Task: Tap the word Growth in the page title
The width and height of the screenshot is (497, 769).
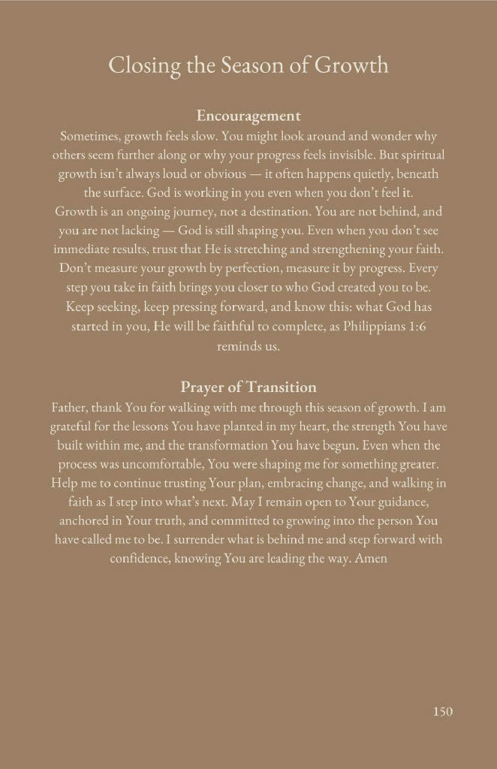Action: [x=351, y=65]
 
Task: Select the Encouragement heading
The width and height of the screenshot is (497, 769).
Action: [x=248, y=116]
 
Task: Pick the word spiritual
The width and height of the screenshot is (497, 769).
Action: [x=421, y=155]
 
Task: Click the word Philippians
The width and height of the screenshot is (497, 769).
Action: [x=365, y=327]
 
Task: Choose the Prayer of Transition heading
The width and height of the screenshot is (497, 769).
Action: [x=248, y=388]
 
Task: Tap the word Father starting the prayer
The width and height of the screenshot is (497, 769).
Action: [x=72, y=409]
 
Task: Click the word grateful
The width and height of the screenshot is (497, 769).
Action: [x=74, y=427]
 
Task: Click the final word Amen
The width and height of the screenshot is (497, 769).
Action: [x=372, y=559]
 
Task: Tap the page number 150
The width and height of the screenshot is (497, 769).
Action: [x=443, y=711]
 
